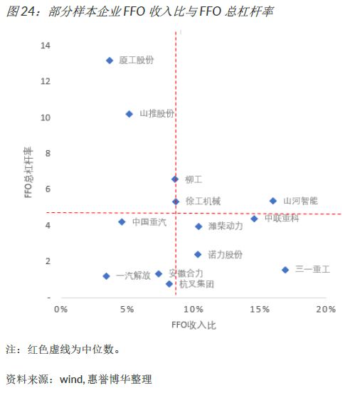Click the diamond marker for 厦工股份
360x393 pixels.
[x=110, y=61]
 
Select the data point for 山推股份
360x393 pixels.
[x=129, y=114]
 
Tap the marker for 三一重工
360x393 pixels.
[x=285, y=270]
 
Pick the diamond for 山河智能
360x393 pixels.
[x=272, y=201]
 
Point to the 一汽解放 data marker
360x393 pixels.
[x=106, y=276]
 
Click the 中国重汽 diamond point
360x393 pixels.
[x=122, y=222]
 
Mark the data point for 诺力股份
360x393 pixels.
[x=198, y=254]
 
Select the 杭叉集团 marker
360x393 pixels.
[x=169, y=284]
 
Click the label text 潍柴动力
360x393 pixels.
[x=226, y=226]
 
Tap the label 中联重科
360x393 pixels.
[x=282, y=218]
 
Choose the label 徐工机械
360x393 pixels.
[x=203, y=201]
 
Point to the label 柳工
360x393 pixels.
[x=194, y=179]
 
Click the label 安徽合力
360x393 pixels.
[x=186, y=273]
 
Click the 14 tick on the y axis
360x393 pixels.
[x=46, y=46]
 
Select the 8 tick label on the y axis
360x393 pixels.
[x=48, y=153]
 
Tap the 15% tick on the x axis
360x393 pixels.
[x=260, y=309]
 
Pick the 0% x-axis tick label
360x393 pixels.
[x=61, y=309]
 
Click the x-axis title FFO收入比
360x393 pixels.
[x=194, y=325]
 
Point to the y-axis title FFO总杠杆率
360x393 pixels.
[x=28, y=172]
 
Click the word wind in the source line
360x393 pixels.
[x=71, y=379]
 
